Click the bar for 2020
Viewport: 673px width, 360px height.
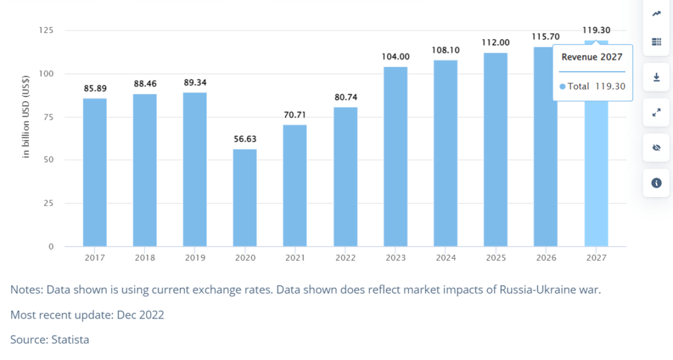pyautogui.click(x=244, y=197)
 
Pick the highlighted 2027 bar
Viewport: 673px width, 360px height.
pyautogui.click(x=597, y=177)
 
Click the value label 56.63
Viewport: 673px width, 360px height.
pyautogui.click(x=244, y=139)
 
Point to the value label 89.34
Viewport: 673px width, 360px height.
pyautogui.click(x=195, y=82)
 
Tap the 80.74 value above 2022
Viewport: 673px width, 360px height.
pyautogui.click(x=345, y=97)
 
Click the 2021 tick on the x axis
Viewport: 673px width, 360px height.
pyautogui.click(x=294, y=258)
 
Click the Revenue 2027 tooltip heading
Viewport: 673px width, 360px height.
pyautogui.click(x=592, y=57)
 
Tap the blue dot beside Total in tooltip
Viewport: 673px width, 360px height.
pyautogui.click(x=563, y=86)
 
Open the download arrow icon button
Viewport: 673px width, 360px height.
pyautogui.click(x=656, y=78)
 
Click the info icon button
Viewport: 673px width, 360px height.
pyautogui.click(x=656, y=183)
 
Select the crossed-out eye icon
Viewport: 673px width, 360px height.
pyautogui.click(x=656, y=148)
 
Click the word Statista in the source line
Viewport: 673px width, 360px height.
pyautogui.click(x=70, y=340)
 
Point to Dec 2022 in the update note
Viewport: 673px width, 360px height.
pyautogui.click(x=140, y=315)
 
